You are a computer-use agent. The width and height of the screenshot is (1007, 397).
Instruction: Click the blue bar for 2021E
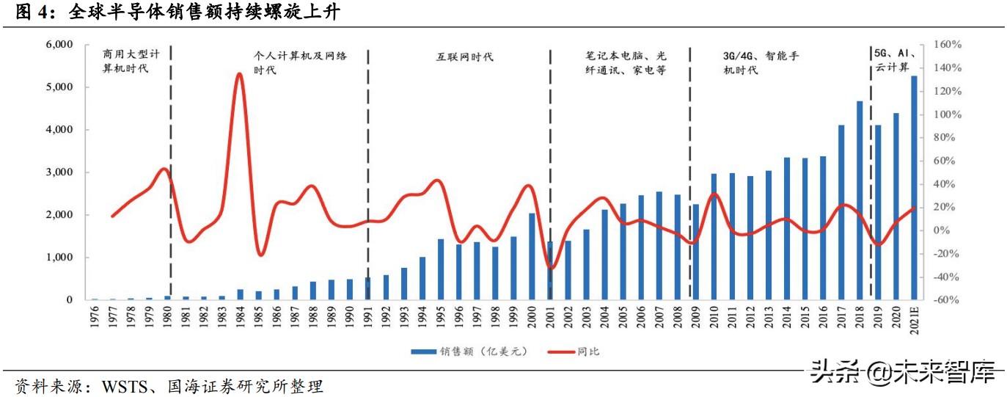coord(914,188)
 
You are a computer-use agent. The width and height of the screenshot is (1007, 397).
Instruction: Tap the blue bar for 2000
coord(532,256)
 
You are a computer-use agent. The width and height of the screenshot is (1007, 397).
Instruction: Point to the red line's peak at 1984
coord(239,74)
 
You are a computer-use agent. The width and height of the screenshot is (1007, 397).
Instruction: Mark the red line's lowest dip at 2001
coord(551,268)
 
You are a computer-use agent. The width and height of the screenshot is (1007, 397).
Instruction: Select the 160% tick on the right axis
coord(947,45)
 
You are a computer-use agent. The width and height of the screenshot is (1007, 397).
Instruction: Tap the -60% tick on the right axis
coord(947,300)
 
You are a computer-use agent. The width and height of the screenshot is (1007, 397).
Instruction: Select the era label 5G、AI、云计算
coord(893,61)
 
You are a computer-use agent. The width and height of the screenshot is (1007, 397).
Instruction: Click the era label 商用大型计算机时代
coord(131,62)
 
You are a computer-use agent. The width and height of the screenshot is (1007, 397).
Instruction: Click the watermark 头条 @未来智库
coord(902,374)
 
